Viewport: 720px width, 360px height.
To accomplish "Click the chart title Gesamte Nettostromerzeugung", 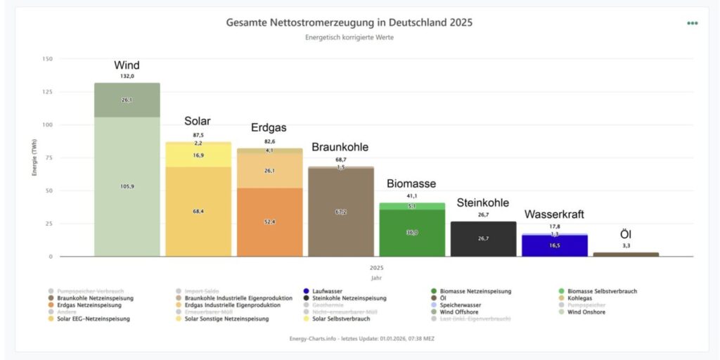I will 349,22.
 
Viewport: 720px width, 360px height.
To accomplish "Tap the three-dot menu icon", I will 693,23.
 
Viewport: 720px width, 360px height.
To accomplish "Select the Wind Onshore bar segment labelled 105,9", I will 127,186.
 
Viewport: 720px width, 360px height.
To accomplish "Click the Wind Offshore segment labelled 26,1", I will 127,100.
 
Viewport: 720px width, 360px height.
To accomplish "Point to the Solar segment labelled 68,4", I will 198,211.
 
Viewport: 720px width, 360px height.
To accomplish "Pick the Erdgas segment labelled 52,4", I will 269,221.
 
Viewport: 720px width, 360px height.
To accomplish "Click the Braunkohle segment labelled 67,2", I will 341,211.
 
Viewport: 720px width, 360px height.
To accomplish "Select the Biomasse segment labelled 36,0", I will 412,233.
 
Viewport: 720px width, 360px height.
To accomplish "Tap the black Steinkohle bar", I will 483,239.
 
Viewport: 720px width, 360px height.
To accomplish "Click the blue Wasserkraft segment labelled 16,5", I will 554,245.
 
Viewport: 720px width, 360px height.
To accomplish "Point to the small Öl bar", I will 626,254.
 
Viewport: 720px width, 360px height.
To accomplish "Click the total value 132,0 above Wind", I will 127,76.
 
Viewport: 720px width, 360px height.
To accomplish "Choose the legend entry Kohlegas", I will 581,298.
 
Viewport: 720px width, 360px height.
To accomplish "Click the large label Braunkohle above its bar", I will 340,147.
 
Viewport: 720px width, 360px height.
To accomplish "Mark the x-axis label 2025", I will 376,268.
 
